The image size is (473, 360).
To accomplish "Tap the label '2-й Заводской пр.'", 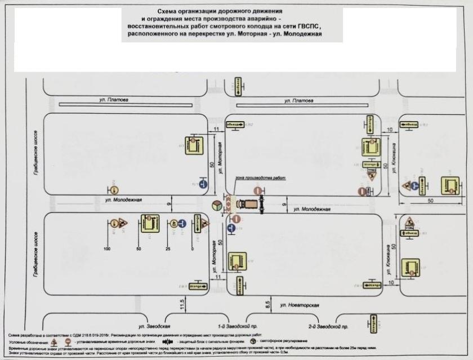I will (x=328, y=326).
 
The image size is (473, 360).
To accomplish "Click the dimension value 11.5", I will (x=182, y=305).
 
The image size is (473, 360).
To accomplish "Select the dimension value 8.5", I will (x=268, y=305).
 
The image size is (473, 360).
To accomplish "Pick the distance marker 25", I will (x=168, y=248).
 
